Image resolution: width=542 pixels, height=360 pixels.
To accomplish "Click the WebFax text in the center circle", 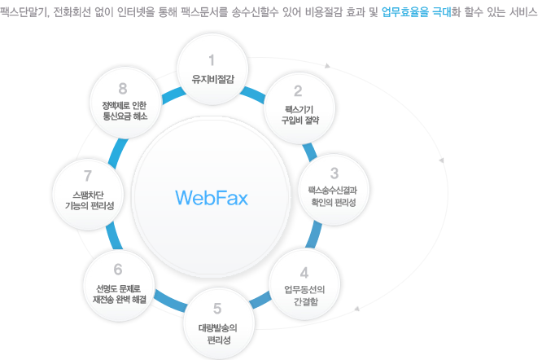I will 211,198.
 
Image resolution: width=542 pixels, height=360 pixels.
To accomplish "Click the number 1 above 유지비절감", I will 212,59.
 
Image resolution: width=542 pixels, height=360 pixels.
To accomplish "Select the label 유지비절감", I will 212,80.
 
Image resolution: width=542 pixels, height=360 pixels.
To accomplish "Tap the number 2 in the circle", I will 298,90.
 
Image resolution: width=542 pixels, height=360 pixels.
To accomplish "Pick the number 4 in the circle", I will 304,271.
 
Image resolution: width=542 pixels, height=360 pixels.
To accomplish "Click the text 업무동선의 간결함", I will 304,293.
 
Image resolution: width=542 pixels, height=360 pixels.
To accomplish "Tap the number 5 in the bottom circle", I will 216,308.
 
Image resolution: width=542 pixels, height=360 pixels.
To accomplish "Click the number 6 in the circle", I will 118,269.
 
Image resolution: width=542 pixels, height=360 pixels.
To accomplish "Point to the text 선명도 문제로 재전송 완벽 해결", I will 119,293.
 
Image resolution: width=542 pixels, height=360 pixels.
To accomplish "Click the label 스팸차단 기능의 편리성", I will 87,200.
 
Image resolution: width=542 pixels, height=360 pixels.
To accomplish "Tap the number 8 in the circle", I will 123,87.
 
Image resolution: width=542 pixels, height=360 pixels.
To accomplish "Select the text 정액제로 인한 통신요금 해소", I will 123,111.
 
